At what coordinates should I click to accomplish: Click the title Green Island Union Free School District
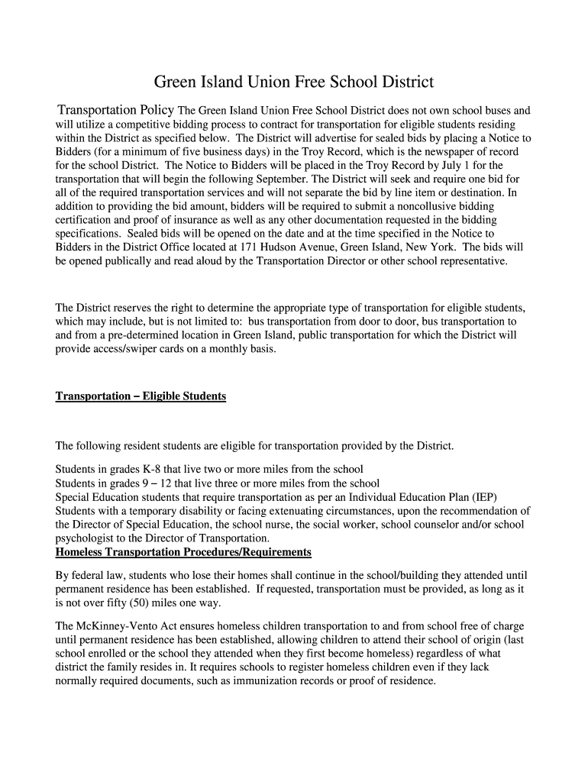pos(294,81)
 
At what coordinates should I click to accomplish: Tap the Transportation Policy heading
pos(117,109)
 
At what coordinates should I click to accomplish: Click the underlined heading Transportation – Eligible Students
pos(141,397)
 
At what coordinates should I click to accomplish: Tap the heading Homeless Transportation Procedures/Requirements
pos(183,551)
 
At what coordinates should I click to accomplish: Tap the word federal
pos(91,574)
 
